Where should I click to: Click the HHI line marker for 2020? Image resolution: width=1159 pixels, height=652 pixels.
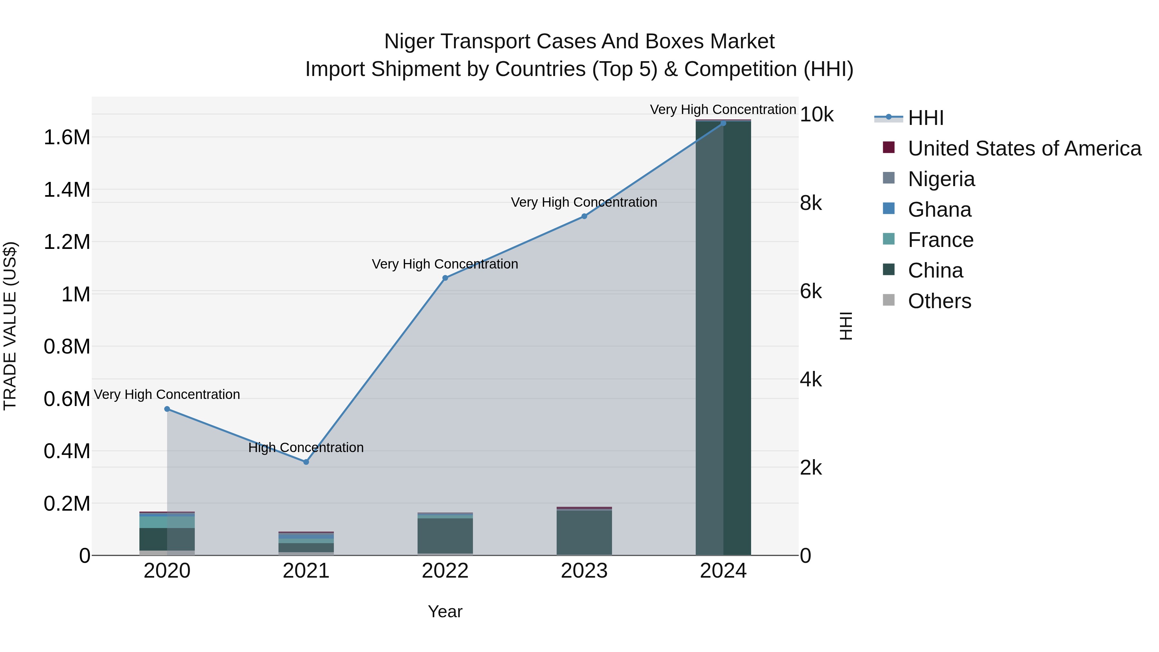click(167, 409)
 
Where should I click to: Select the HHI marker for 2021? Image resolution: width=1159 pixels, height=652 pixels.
click(306, 462)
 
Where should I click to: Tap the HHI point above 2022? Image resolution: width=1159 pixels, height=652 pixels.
click(445, 278)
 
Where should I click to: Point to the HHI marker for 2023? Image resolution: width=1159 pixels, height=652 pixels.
click(584, 216)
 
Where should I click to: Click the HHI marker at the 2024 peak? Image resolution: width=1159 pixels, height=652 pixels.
click(723, 123)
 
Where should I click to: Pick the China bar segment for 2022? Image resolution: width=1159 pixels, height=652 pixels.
click(445, 535)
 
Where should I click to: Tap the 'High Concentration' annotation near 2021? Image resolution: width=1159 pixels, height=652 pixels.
click(306, 448)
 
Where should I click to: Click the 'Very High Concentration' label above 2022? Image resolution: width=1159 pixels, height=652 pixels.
click(445, 264)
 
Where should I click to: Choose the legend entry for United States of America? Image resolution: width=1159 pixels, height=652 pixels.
click(1024, 148)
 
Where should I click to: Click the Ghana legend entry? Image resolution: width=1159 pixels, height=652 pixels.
click(939, 210)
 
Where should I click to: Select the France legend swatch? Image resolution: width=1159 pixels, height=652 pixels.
click(889, 239)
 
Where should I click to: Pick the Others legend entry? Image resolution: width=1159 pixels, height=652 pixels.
click(939, 301)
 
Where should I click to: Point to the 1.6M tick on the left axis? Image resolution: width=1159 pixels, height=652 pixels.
click(67, 137)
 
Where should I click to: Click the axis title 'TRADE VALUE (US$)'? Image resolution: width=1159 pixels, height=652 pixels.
click(10, 326)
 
